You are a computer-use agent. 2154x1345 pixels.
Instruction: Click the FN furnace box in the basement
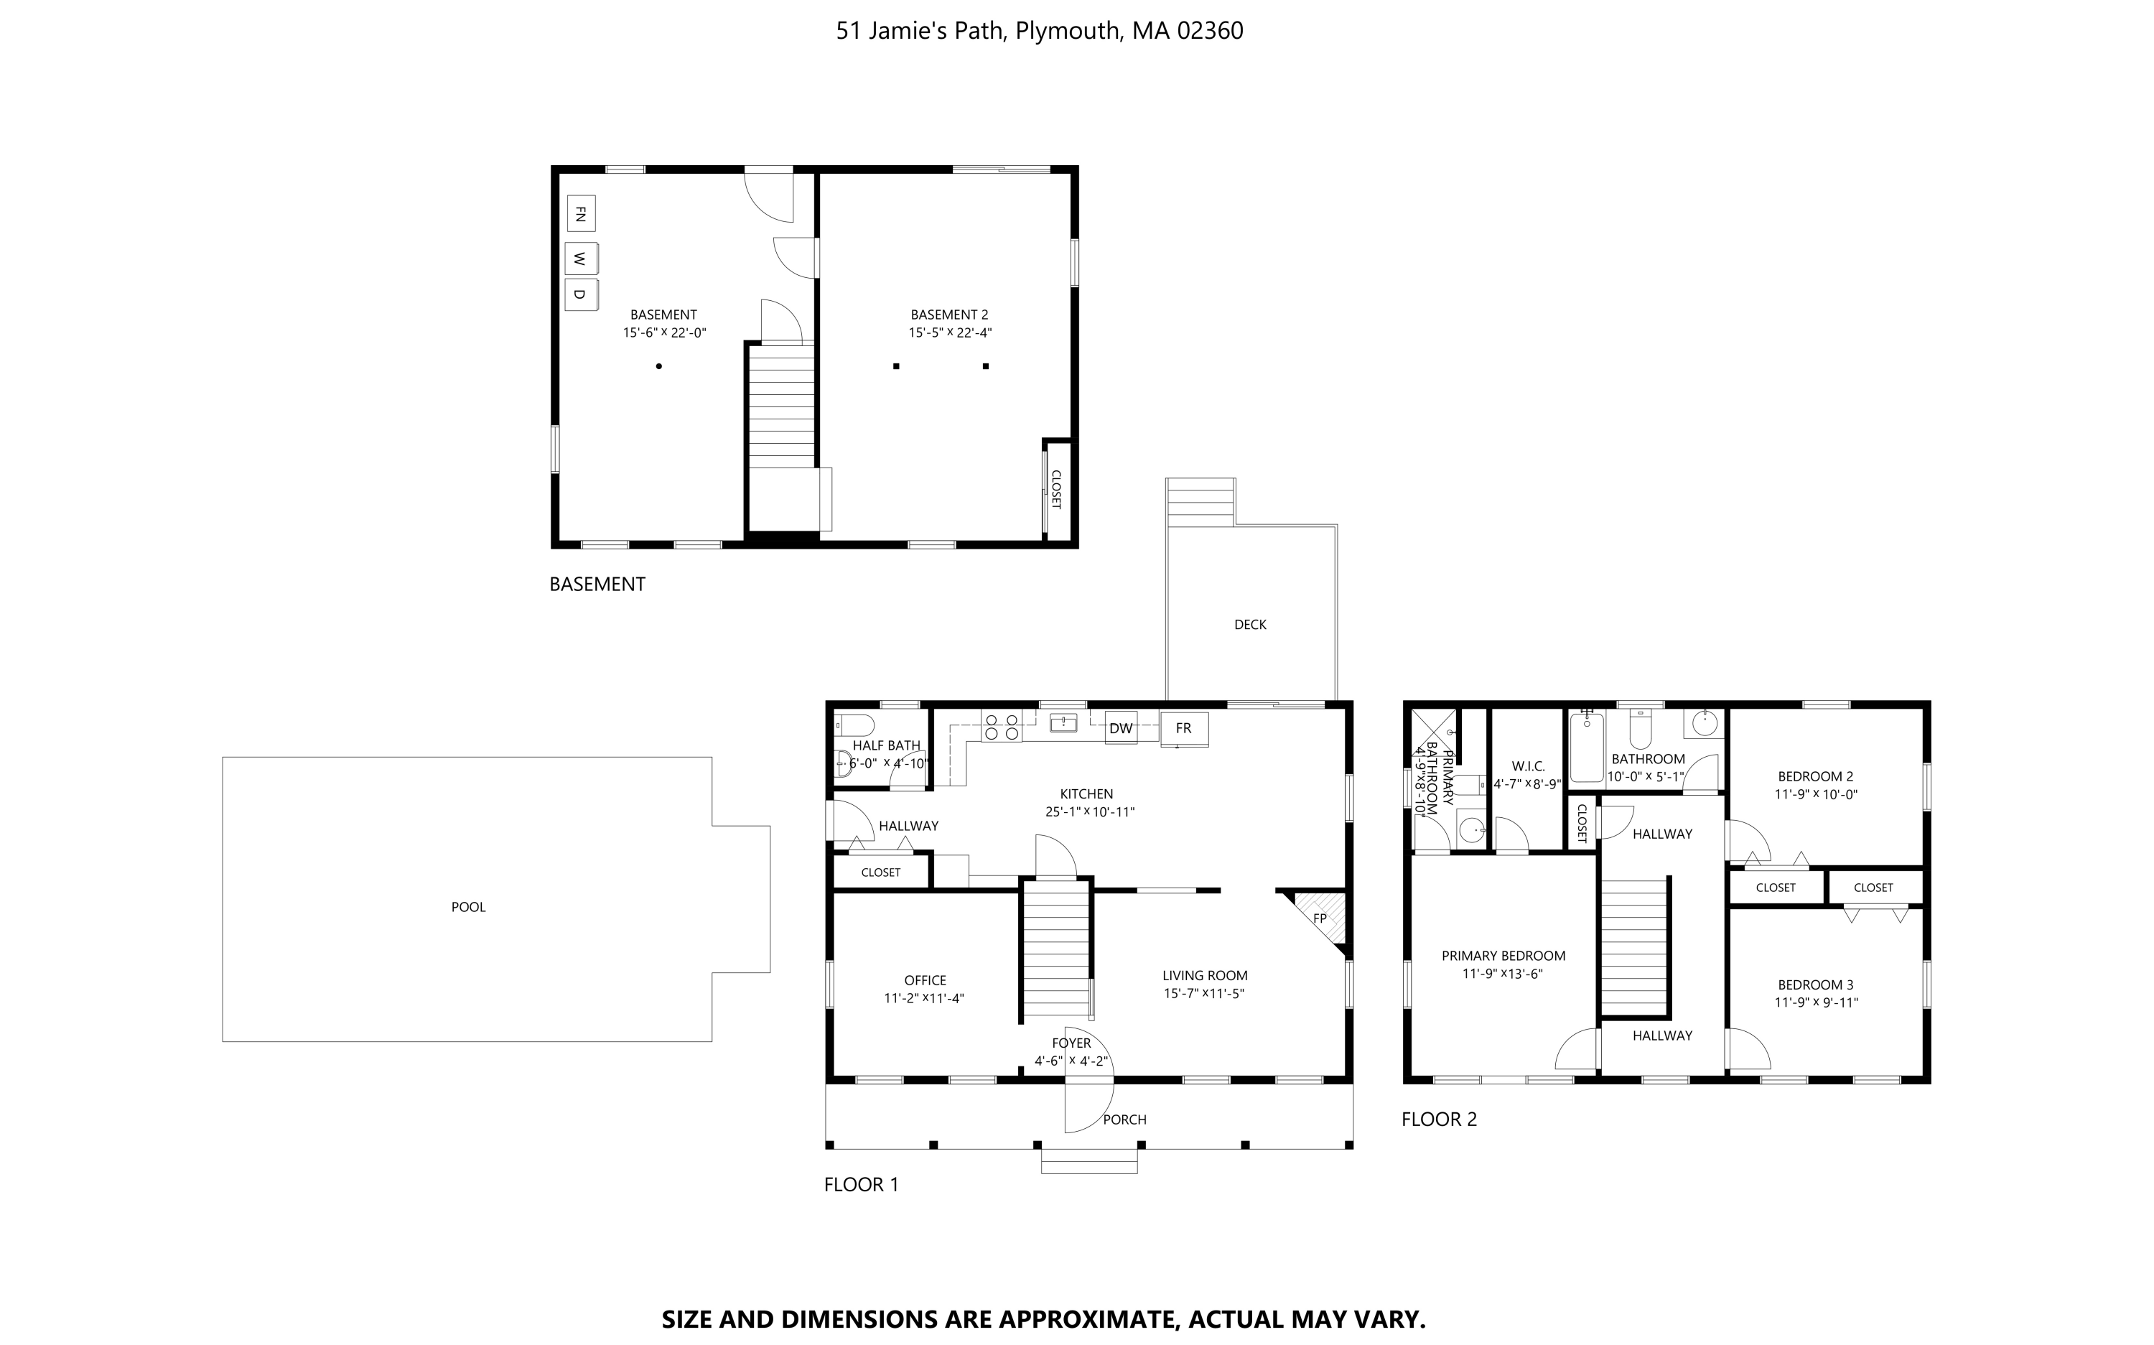(581, 213)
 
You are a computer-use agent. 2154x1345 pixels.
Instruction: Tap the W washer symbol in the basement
(581, 259)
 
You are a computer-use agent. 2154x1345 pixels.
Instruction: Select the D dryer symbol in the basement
(581, 294)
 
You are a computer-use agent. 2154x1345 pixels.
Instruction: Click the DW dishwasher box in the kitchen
(1121, 727)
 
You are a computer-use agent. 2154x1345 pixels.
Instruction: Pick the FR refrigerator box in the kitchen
(1184, 727)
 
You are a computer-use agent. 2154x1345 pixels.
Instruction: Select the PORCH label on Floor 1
(1125, 1119)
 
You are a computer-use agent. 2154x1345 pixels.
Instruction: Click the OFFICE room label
(926, 980)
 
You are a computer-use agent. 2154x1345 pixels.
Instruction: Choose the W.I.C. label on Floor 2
(1528, 766)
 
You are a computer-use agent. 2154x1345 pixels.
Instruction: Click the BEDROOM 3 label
(1816, 985)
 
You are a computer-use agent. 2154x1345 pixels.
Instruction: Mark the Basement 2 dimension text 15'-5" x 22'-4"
(950, 332)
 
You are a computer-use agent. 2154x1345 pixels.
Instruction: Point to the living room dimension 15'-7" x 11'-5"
(1204, 994)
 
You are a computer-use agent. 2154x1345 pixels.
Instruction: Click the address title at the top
(1040, 31)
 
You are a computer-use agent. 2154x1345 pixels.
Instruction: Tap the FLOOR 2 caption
(1439, 1119)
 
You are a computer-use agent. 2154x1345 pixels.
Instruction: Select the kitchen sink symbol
(1063, 722)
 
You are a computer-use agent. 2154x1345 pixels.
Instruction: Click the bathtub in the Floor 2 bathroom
(1587, 748)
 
